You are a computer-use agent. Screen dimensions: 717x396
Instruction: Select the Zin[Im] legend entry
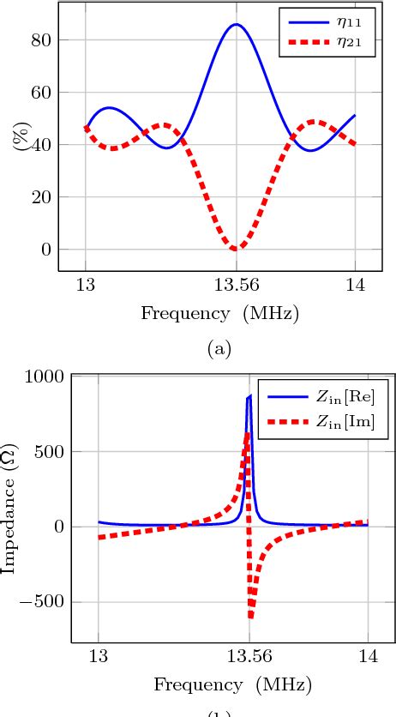pyautogui.click(x=326, y=422)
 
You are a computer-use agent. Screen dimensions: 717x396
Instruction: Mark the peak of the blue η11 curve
pyautogui.click(x=237, y=24)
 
